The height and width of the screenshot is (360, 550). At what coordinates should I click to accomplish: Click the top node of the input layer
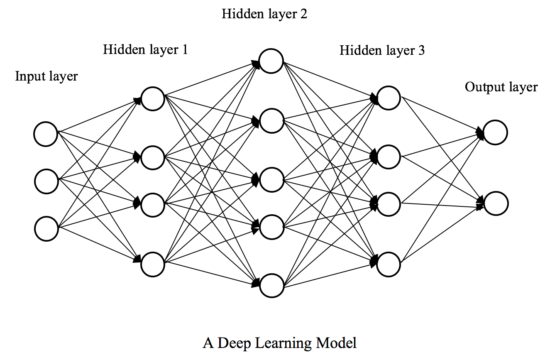[46, 134]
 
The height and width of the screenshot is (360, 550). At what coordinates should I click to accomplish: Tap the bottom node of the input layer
[46, 229]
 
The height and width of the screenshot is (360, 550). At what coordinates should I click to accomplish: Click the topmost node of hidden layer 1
[153, 99]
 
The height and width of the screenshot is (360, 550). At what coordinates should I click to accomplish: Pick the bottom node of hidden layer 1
[153, 264]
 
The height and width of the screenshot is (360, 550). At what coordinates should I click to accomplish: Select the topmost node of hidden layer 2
[271, 61]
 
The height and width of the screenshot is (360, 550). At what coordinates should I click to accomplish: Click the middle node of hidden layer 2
[271, 179]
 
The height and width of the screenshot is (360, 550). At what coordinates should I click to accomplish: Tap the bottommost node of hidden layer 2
[271, 286]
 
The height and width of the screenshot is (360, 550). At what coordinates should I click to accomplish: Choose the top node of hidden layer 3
[389, 98]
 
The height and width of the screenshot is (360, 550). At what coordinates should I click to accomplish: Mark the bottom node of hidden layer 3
[389, 264]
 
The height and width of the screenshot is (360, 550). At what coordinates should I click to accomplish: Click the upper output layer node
[495, 132]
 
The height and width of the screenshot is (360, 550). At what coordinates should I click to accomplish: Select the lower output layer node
[496, 203]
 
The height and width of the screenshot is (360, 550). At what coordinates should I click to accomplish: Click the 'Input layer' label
[46, 77]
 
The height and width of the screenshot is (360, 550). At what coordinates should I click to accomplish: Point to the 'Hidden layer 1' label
[145, 50]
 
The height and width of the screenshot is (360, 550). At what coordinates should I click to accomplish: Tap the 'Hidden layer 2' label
[264, 14]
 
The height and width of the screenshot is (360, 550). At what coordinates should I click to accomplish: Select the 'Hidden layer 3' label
[382, 51]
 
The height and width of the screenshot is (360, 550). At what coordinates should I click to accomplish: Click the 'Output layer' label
[501, 87]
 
